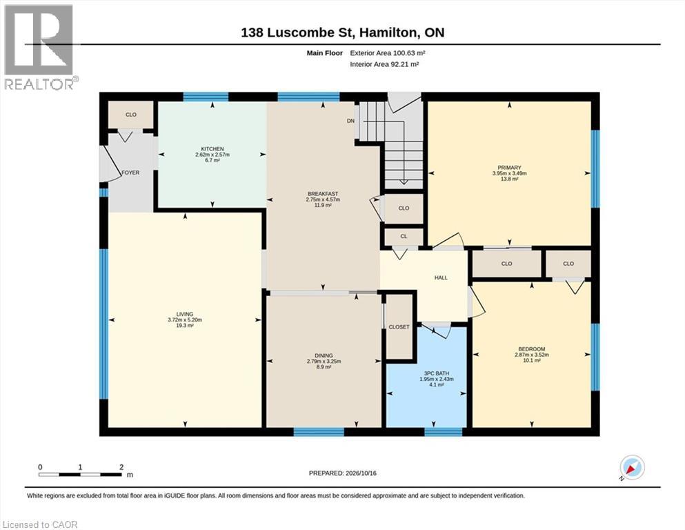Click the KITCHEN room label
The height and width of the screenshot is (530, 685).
pos(212,149)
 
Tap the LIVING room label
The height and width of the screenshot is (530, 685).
pos(185,314)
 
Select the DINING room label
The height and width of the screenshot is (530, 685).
pos(324,355)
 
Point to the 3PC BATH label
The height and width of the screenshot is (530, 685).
pos(437,373)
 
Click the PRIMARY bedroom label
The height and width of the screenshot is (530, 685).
pos(509,168)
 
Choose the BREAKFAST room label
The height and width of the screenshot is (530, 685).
pos(323,194)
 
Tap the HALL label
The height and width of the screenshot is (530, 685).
pos(441,278)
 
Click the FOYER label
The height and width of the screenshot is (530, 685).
pos(130,173)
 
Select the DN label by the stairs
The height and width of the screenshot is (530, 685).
pos(351,121)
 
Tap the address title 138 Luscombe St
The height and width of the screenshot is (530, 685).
pos(342,32)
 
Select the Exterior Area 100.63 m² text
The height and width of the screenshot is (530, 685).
pos(388,53)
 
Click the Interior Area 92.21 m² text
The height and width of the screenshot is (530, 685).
pos(384,64)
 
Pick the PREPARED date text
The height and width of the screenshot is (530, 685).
pos(342,473)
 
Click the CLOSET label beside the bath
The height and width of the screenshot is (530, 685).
pos(399,327)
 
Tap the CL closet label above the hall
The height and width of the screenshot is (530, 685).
pos(404,237)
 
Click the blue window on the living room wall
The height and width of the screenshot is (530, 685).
pos(104,324)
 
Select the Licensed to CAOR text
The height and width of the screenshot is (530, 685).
pos(40,524)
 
